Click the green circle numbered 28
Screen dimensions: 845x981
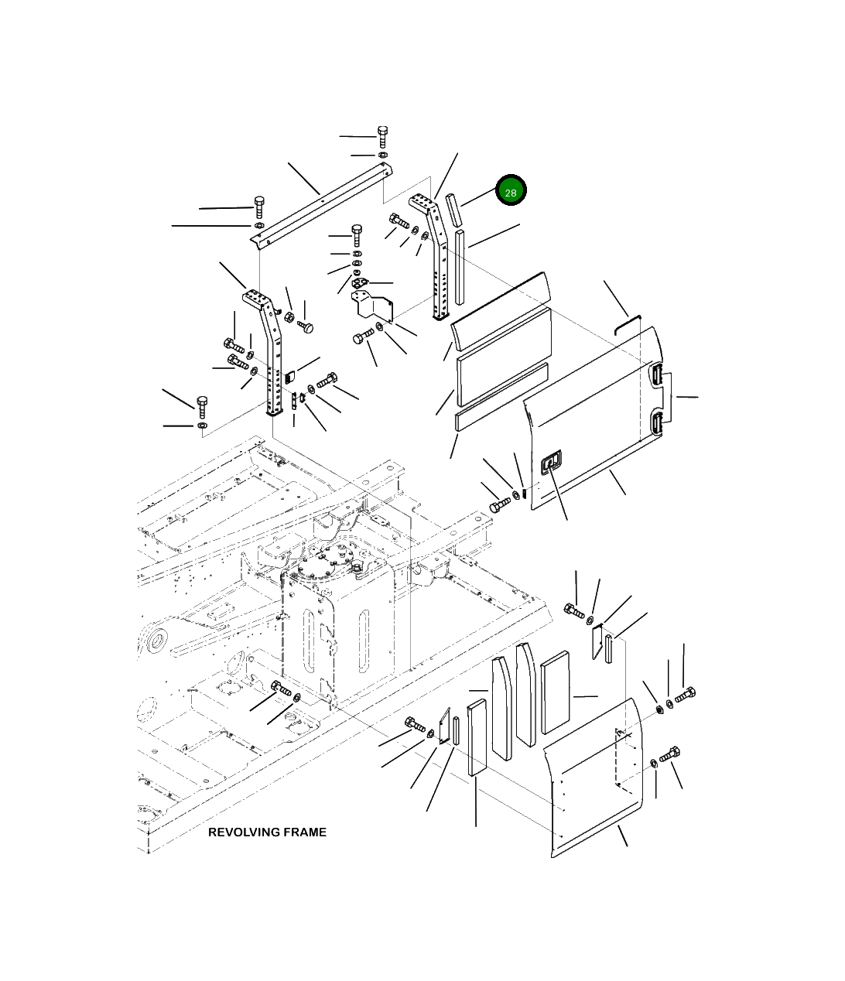(510, 190)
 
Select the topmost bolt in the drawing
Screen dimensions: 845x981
(382, 137)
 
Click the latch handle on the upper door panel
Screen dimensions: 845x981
(551, 462)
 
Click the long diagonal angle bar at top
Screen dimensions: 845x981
(322, 203)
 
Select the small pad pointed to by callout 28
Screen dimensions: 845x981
(453, 210)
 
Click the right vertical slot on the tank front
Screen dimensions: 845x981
(364, 641)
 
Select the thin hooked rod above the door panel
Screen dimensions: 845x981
(628, 324)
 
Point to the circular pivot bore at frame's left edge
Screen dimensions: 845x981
(157, 640)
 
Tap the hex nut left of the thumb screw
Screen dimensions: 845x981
(288, 316)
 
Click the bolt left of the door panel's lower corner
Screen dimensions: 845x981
(500, 505)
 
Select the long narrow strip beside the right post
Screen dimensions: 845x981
(460, 267)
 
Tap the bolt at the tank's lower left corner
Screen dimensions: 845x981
(281, 689)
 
